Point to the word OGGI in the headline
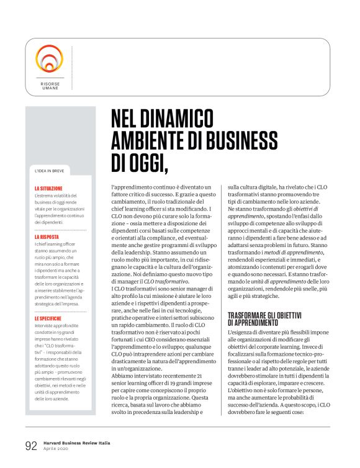146,163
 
